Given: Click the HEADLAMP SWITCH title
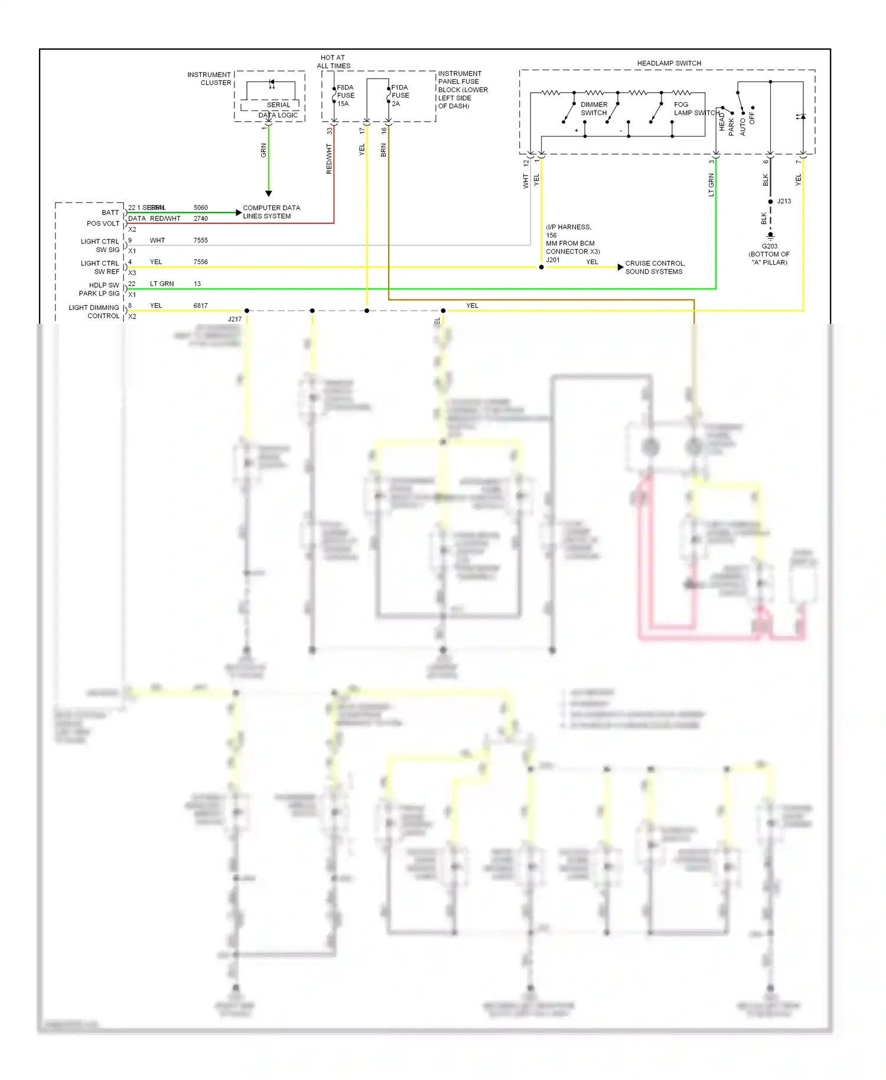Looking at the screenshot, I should [x=669, y=63].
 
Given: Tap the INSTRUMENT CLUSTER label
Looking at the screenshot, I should [x=209, y=79].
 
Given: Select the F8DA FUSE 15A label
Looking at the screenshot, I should [x=346, y=95].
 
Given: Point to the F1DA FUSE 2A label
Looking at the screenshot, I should [x=400, y=95].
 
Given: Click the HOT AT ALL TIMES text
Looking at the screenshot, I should [x=333, y=62].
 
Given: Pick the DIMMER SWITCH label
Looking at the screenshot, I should [x=594, y=109].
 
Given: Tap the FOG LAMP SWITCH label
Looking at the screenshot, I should [x=696, y=109].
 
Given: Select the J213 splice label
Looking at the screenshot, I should [x=784, y=201].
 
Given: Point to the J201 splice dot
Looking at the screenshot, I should [x=541, y=267].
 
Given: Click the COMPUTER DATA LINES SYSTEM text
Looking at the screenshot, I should [x=271, y=212].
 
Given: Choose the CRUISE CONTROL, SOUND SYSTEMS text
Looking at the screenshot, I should [x=655, y=268].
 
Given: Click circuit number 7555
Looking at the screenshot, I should [x=201, y=240].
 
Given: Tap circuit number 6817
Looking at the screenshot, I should [x=201, y=305].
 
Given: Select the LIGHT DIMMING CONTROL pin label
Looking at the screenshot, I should [x=95, y=312].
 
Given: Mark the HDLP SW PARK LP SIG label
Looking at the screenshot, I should [x=99, y=289].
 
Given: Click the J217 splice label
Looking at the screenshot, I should [x=234, y=319].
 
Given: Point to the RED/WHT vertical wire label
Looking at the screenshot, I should [x=329, y=159].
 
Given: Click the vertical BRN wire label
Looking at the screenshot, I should [x=383, y=150].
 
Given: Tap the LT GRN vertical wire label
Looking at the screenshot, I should [x=711, y=185].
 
